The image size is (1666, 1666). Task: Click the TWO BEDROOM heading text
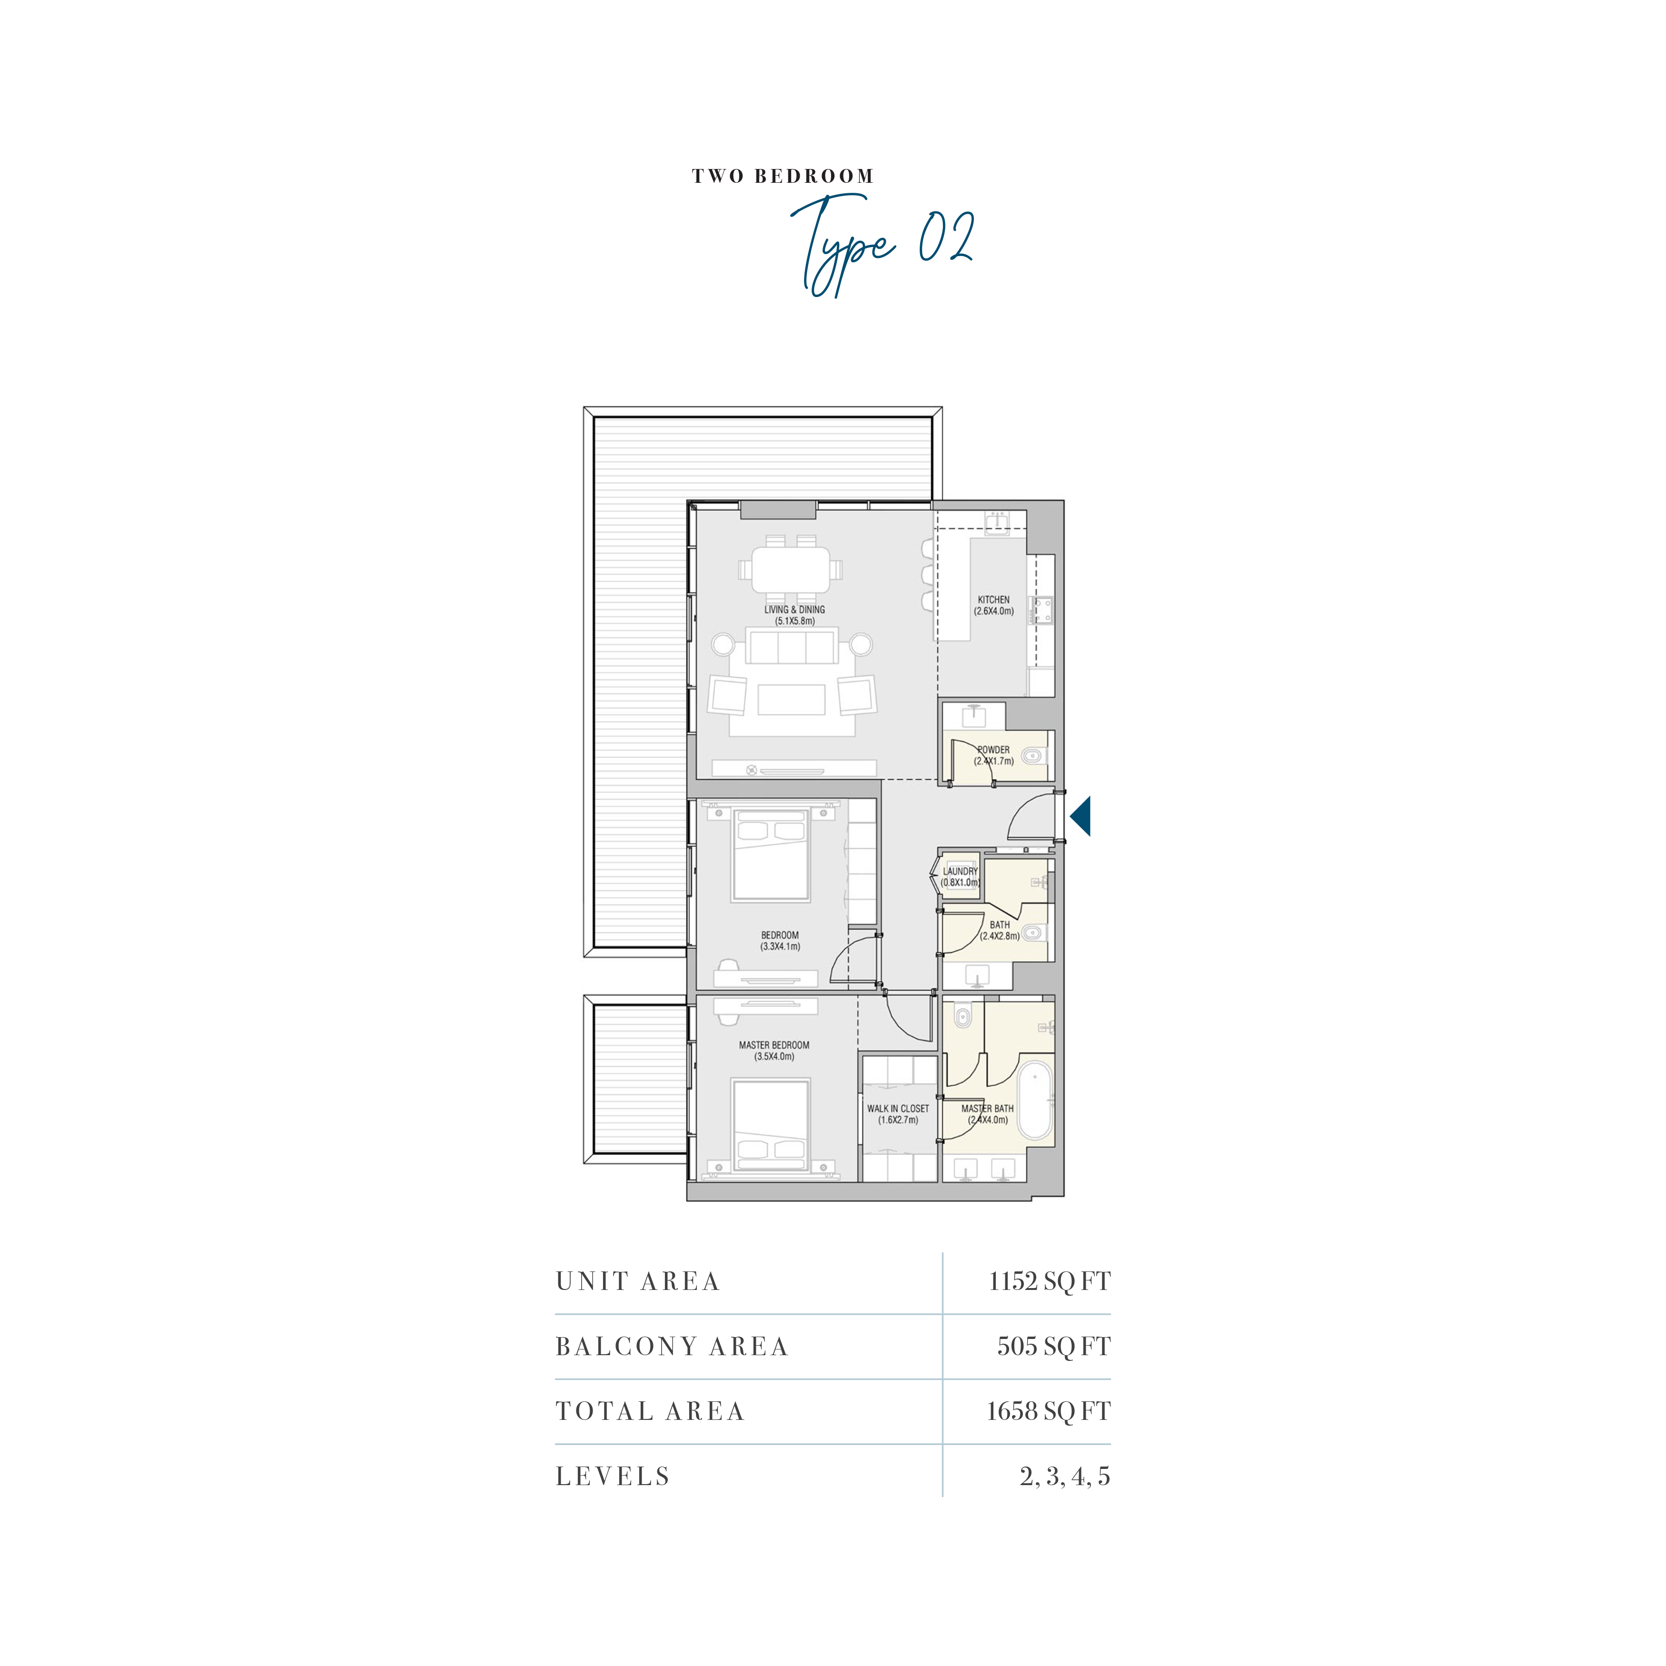783,177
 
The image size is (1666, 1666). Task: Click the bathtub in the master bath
1035,1101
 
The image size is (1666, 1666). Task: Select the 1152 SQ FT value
1050,1281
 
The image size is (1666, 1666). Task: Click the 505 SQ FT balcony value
1054,1346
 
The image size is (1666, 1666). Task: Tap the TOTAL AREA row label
649,1412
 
